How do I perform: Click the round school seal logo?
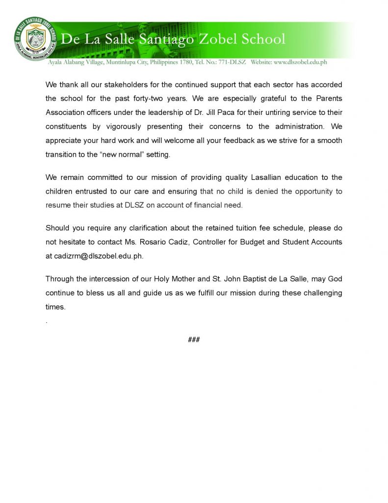coord(35,38)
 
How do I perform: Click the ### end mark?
coord(194,339)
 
